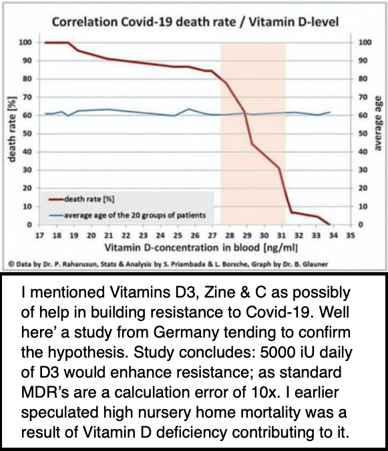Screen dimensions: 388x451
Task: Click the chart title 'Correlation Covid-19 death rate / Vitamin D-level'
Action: point(195,22)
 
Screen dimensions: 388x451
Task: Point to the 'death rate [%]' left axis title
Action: point(13,129)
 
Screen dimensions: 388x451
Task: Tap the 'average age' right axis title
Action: point(377,123)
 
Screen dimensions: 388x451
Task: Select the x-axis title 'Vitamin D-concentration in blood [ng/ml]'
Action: point(201,248)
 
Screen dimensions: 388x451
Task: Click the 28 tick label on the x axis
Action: point(230,236)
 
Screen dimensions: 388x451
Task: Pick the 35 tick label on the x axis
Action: point(351,236)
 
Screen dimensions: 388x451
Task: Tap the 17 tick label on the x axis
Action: point(39,236)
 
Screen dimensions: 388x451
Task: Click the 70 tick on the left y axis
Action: point(27,97)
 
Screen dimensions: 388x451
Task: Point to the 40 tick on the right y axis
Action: point(363,152)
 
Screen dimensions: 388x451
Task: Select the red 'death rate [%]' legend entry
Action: point(81,199)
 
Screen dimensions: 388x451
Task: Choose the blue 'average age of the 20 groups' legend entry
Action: point(128,215)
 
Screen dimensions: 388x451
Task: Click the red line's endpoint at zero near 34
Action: point(330,224)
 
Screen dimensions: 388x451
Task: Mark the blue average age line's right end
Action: point(330,112)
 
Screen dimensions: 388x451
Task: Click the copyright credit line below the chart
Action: point(168,264)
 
